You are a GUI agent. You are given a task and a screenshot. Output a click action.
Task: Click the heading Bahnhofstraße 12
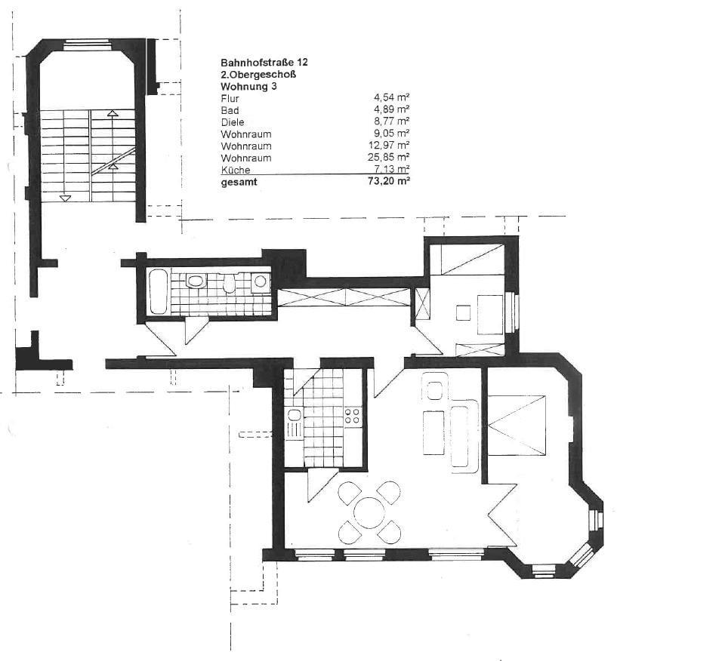(x=264, y=63)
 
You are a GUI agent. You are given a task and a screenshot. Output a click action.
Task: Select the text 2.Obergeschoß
(x=258, y=75)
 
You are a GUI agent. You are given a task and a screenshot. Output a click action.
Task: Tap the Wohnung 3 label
(x=248, y=86)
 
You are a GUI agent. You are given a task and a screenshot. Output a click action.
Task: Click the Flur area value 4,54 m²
(x=391, y=97)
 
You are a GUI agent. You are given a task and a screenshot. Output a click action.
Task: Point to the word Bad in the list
(x=230, y=110)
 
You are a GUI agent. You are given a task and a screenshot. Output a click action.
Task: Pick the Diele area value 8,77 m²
(x=391, y=121)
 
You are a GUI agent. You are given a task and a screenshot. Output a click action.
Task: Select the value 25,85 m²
(x=388, y=158)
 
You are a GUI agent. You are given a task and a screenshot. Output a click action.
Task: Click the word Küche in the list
(x=236, y=170)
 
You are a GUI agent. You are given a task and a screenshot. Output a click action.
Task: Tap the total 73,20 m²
(x=388, y=181)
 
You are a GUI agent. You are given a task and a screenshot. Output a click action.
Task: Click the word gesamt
(x=239, y=182)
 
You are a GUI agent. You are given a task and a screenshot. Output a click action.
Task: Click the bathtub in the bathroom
(x=158, y=291)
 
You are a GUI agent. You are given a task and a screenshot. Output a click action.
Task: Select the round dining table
(x=369, y=512)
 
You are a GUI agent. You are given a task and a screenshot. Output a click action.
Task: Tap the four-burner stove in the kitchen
(x=353, y=416)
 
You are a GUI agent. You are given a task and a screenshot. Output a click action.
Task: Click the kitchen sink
(x=294, y=423)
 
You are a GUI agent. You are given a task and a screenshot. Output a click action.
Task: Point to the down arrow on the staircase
(x=66, y=198)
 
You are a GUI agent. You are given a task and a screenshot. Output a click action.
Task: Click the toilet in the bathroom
(x=196, y=281)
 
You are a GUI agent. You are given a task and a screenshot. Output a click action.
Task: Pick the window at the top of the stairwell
(x=88, y=45)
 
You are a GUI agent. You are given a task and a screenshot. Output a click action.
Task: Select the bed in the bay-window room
(x=517, y=425)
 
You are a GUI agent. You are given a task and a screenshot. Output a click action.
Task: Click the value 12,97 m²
(x=388, y=146)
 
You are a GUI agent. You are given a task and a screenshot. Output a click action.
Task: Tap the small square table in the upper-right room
(x=463, y=312)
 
